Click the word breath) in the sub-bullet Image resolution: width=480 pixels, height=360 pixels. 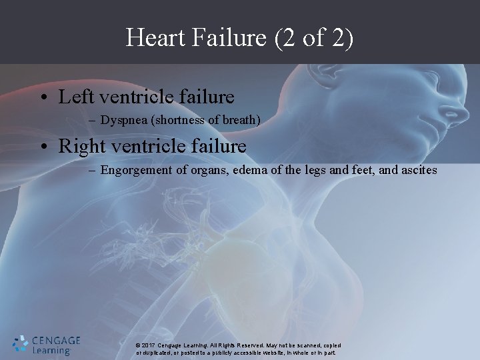click(x=241, y=121)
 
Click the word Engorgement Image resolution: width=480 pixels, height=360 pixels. click(x=139, y=170)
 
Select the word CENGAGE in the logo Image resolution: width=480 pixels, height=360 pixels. click(x=56, y=340)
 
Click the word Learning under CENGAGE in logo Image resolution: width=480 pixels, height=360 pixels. click(x=52, y=351)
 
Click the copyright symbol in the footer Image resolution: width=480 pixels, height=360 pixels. click(x=137, y=345)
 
